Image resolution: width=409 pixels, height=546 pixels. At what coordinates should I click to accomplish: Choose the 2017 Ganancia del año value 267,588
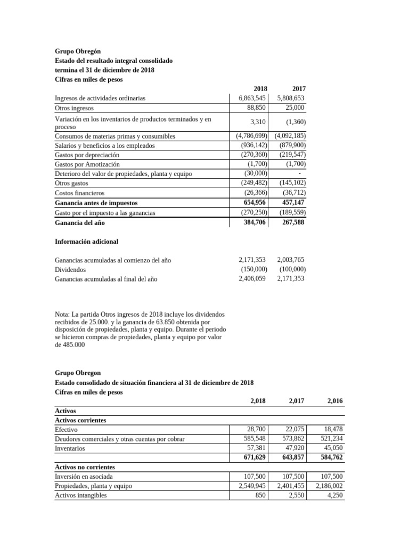[x=293, y=222]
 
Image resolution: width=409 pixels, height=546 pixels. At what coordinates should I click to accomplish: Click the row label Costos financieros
[x=80, y=192]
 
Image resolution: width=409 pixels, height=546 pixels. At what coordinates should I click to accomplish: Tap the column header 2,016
[x=334, y=400]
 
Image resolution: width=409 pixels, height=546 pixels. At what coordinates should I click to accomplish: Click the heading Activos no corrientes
[x=85, y=467]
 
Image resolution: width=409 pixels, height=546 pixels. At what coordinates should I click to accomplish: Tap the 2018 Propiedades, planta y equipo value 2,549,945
[x=249, y=486]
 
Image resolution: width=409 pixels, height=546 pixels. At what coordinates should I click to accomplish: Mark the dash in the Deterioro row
[x=300, y=173]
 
